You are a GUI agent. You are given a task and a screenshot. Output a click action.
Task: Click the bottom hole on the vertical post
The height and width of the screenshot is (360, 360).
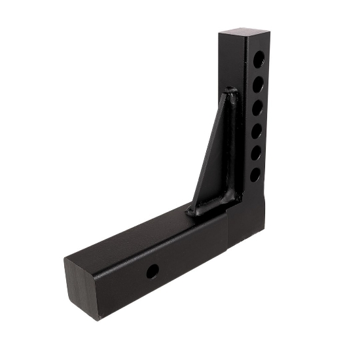[255, 175]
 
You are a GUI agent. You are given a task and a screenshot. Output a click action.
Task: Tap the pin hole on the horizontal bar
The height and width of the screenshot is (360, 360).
[152, 271]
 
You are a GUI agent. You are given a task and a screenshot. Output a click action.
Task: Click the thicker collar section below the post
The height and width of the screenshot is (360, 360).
[245, 219]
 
